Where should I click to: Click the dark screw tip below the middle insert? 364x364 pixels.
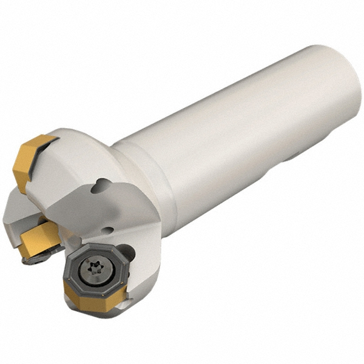click(x=30, y=261)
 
